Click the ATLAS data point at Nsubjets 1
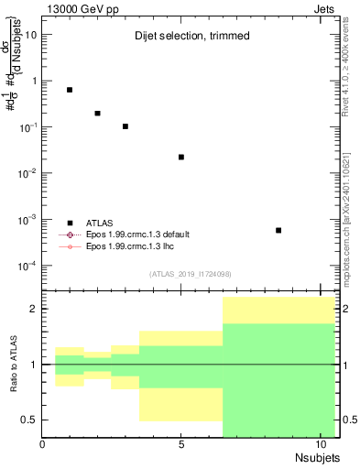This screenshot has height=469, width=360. pyautogui.click(x=70, y=90)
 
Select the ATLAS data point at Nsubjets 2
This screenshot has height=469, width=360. pyautogui.click(x=98, y=114)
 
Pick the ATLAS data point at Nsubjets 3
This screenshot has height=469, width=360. pyautogui.click(x=125, y=126)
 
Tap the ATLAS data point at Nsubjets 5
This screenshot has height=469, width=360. pyautogui.click(x=181, y=158)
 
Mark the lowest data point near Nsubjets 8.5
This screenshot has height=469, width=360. pyautogui.click(x=278, y=231)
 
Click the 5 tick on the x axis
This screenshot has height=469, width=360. pyautogui.click(x=181, y=444)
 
